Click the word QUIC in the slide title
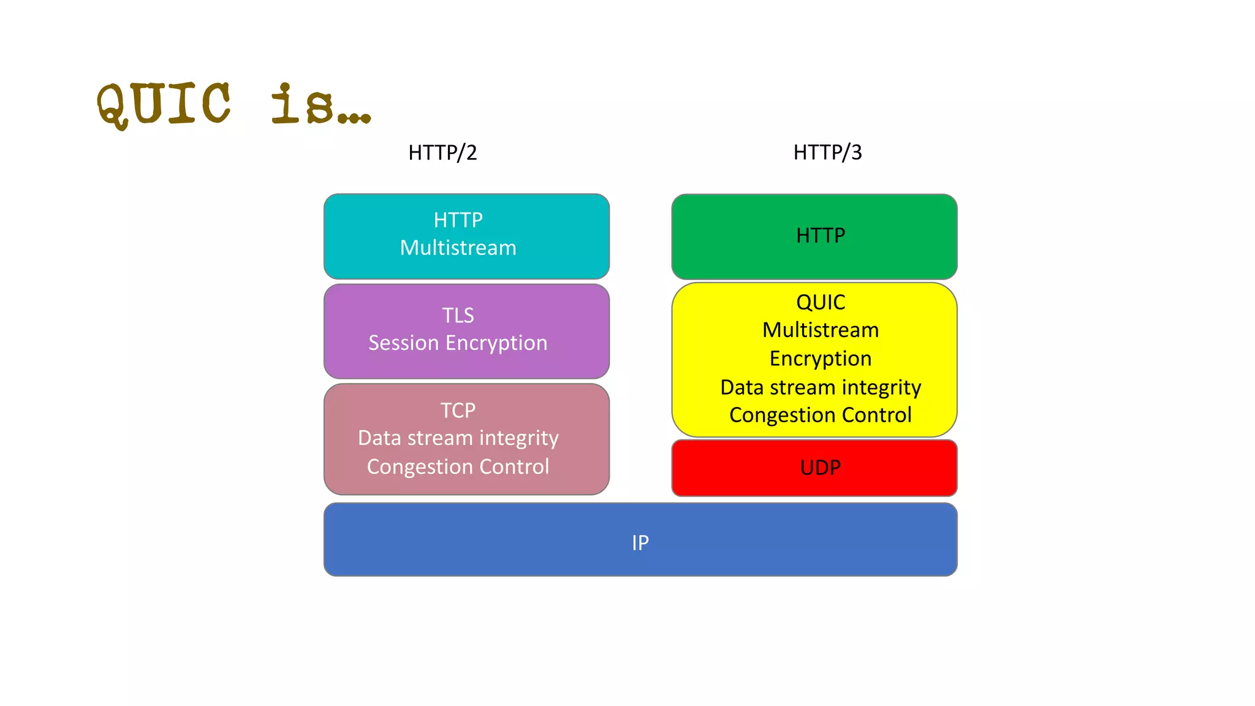tap(164, 104)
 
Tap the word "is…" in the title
tap(320, 104)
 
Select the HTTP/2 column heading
tap(442, 152)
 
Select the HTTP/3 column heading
tap(827, 152)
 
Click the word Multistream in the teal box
tap(458, 248)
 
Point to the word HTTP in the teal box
tap(458, 220)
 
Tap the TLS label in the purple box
tap(458, 315)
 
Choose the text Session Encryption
tap(458, 343)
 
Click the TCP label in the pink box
tap(458, 410)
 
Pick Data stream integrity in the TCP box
tap(458, 438)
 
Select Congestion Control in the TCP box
tap(458, 466)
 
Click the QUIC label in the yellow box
tap(821, 302)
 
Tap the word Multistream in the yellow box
tap(821, 330)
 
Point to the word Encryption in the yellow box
tap(821, 359)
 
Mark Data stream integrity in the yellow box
tap(821, 387)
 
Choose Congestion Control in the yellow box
tap(821, 415)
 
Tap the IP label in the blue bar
tap(640, 542)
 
